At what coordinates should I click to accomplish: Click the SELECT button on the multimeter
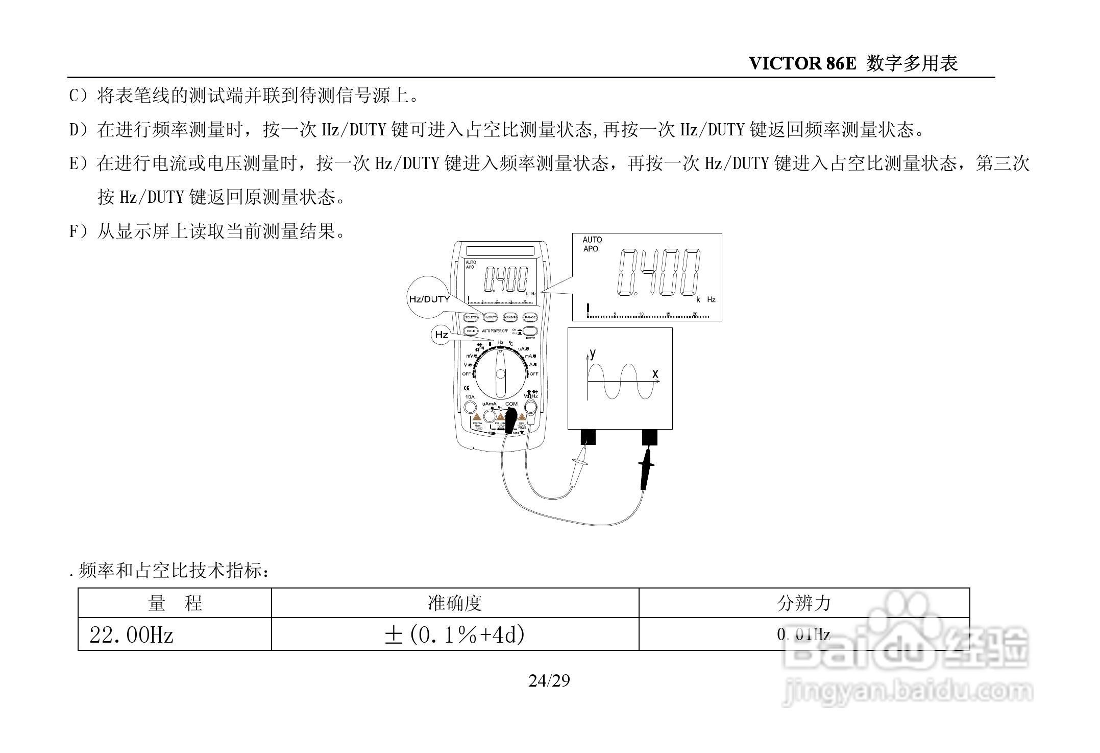pos(471,317)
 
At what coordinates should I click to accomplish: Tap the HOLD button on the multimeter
pos(471,331)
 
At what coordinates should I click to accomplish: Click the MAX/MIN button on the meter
pos(510,317)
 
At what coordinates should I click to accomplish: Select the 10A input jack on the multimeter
pos(470,407)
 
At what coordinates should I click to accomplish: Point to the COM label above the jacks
pos(511,404)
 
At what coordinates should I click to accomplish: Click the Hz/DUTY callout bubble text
pos(429,299)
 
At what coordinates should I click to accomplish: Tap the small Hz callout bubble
pos(441,335)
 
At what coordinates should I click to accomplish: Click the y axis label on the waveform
pos(593,353)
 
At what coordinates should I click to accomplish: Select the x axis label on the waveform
pos(655,374)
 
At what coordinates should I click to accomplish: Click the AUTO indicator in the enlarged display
pos(592,240)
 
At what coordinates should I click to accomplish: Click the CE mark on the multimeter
pos(467,387)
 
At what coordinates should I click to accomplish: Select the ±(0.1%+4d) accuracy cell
pos(454,635)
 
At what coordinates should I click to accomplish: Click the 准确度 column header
pos(454,603)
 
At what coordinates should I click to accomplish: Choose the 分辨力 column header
pos(803,603)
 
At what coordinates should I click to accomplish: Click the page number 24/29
pos(549,681)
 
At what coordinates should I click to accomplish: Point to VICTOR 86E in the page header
pos(802,63)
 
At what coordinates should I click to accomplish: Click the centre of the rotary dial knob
pos(500,374)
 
